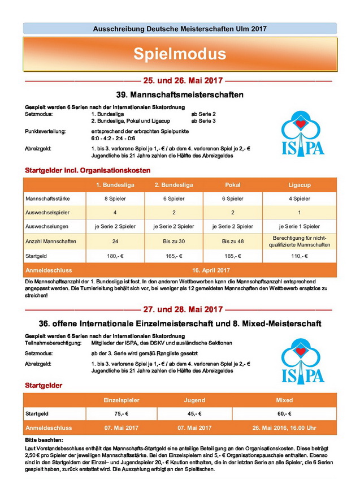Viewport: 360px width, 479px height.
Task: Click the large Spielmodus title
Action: [180, 54]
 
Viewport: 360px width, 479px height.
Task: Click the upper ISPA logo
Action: [303, 133]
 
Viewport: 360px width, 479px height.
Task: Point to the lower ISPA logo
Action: [303, 362]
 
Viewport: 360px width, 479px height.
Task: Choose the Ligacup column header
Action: [299, 185]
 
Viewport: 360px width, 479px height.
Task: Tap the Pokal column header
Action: [232, 185]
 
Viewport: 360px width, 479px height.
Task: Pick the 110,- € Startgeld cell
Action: [299, 256]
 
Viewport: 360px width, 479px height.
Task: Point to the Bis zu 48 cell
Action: [232, 241]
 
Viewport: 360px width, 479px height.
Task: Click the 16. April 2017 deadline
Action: [211, 270]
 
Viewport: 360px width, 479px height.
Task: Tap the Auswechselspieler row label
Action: [46, 213]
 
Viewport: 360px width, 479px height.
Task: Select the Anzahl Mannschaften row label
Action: [50, 241]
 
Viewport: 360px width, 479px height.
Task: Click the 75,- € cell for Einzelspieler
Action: [120, 413]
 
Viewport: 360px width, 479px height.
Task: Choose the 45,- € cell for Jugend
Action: [194, 413]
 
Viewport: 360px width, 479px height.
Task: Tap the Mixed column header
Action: [284, 400]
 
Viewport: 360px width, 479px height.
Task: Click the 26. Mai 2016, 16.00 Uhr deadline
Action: [284, 428]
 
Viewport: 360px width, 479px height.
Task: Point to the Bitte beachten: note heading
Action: [45, 439]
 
